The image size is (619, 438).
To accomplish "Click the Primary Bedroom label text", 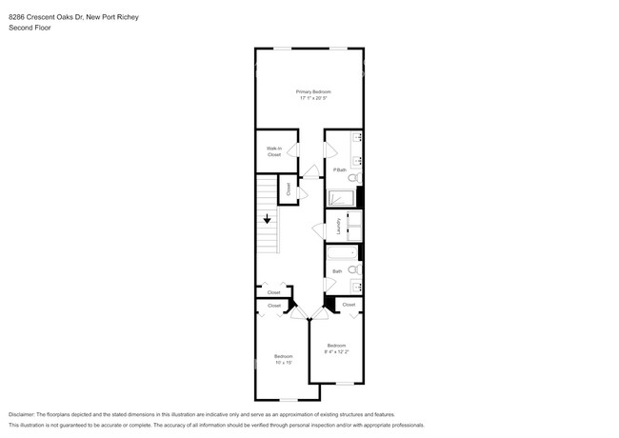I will coord(313,91).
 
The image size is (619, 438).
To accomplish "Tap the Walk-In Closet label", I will coord(273,151).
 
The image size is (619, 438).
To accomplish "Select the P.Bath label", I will coord(339,169).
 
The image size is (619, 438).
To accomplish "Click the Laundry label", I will coord(339,227).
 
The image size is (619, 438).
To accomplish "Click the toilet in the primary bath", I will coord(352,177).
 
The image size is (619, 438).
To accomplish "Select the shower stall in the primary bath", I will coord(341,198).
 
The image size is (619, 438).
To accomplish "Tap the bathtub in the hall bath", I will coord(342,252).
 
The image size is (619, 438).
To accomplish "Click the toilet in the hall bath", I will coord(352,270).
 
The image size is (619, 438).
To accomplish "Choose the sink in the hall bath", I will coord(357,286).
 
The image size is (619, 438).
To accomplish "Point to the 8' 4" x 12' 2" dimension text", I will coord(337,351).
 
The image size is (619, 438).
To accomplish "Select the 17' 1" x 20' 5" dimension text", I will coord(313,98).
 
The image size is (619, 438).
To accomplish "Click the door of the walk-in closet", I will coord(294,150).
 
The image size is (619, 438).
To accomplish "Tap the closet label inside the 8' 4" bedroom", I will coord(349,305).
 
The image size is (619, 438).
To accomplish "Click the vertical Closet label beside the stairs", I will coord(289,190).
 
